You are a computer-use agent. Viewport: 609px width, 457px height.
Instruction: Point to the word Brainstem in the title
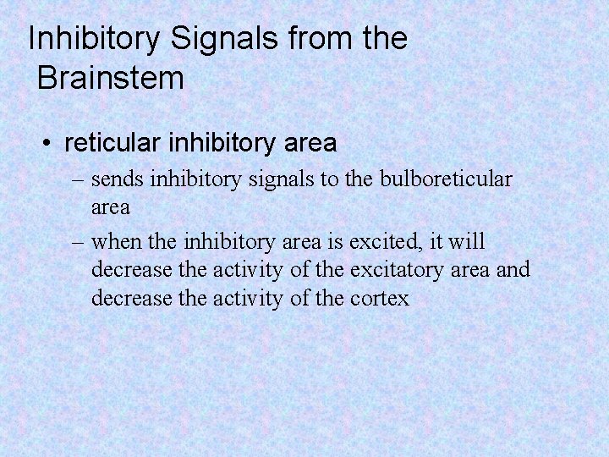coord(111,79)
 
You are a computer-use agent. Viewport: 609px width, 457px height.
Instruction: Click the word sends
coord(118,179)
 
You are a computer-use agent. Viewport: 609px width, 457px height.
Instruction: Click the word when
coord(116,242)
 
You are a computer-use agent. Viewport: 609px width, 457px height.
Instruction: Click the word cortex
coord(378,299)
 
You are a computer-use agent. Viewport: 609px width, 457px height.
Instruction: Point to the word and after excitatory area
coord(513,270)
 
